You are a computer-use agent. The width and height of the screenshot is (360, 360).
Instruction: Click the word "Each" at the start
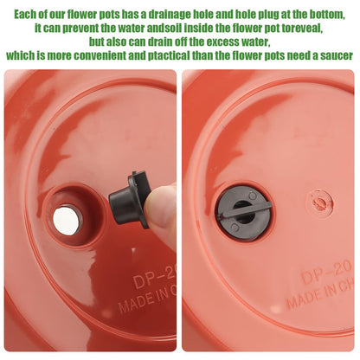(25, 14)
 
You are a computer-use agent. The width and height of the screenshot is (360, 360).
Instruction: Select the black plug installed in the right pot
(243, 214)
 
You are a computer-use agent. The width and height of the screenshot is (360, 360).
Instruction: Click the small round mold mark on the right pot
(319, 201)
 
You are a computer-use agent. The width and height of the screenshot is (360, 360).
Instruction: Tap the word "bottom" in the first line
(327, 15)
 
